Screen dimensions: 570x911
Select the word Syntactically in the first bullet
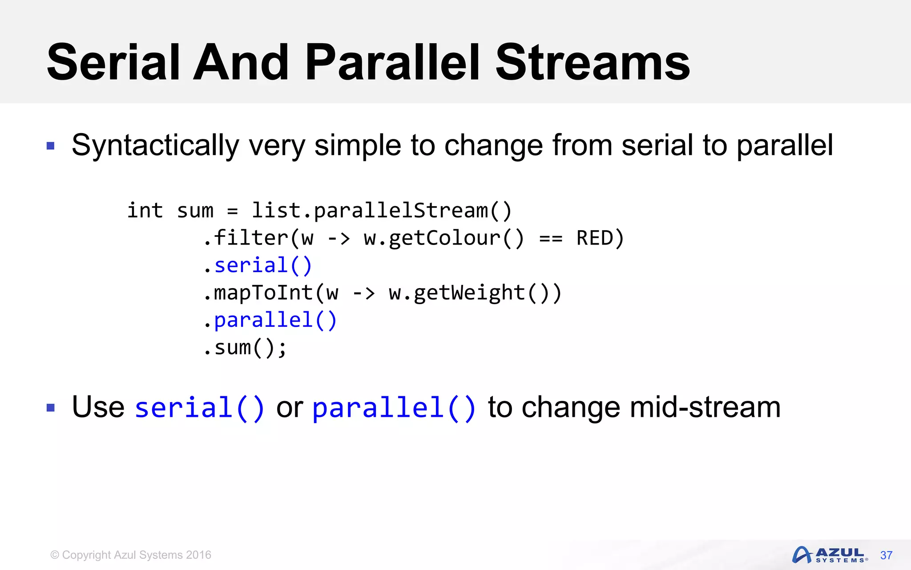155,146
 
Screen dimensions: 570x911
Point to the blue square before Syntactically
51,146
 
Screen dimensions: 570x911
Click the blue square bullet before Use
51,407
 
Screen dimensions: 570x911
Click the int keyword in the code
145,210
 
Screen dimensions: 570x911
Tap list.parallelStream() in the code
382,210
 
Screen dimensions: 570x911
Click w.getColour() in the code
443,238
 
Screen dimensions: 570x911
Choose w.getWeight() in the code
469,293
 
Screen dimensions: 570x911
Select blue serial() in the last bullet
200,407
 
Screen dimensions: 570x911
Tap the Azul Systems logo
830,555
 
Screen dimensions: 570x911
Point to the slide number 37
886,555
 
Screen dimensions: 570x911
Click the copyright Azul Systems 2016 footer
131,555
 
